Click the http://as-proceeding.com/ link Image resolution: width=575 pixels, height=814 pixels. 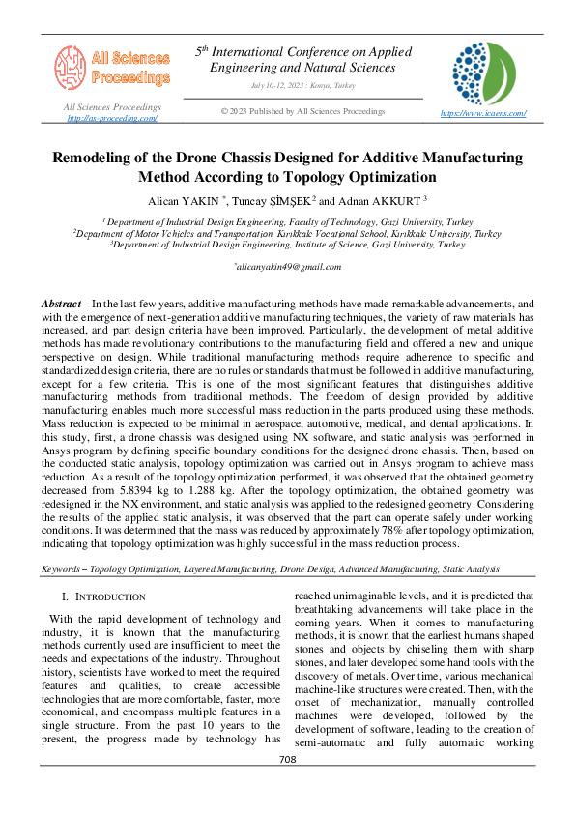point(112,118)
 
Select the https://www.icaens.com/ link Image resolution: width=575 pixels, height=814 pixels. point(482,113)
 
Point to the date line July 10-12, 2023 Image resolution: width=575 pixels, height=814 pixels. point(302,85)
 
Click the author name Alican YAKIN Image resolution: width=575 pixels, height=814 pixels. point(191,201)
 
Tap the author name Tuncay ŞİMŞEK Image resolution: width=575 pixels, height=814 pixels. point(279,201)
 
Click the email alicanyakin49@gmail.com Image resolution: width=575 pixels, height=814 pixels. point(288,265)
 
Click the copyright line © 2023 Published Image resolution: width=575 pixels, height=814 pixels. point(302,111)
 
